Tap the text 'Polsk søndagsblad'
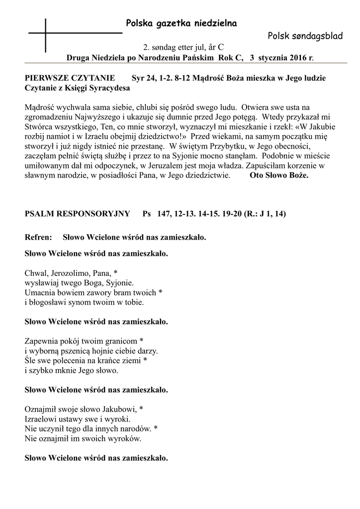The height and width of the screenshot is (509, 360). click(304, 36)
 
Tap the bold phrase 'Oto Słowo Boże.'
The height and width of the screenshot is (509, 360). click(279, 175)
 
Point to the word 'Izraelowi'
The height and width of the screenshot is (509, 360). click(41, 419)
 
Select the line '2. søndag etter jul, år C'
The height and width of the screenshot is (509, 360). click(183, 48)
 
